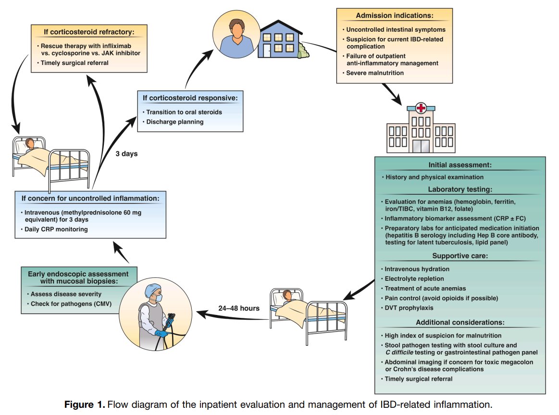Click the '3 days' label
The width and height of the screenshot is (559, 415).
pyautogui.click(x=126, y=154)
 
